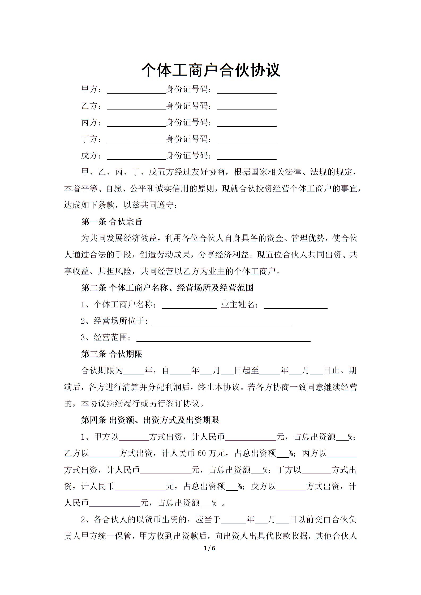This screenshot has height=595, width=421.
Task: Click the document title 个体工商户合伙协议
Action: [x=210, y=70]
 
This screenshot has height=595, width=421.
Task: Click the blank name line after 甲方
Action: [x=136, y=91]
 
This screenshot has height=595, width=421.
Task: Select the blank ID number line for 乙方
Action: [x=247, y=107]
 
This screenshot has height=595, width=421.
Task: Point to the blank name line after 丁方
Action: [x=136, y=141]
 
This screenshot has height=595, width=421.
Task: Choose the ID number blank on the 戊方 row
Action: [x=247, y=157]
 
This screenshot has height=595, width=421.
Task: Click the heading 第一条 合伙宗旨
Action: [x=111, y=222]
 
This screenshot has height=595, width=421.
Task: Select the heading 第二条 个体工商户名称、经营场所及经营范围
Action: [x=167, y=288]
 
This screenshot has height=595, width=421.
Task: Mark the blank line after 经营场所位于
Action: [x=221, y=322]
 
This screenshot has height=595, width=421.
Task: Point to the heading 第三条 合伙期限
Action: [x=111, y=354]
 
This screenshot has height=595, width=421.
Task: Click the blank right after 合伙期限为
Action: [x=134, y=371]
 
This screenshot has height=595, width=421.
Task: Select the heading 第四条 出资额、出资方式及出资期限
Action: [x=150, y=420]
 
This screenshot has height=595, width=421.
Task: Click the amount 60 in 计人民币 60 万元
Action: [x=202, y=454]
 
